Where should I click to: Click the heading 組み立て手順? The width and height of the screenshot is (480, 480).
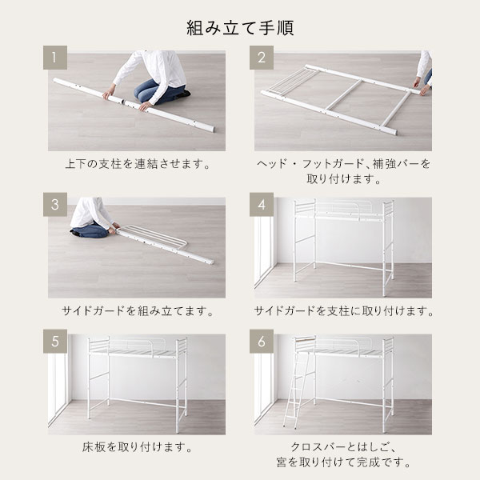240,28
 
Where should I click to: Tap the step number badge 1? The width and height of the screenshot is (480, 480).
55,58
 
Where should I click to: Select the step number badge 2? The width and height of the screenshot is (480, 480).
262,58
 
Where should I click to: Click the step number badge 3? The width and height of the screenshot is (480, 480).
55,205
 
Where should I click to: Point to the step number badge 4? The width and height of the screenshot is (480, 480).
262,205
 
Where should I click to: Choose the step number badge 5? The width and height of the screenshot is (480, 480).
55,342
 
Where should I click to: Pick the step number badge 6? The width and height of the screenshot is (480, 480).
262,342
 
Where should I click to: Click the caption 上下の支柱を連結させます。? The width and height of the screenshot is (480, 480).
138,164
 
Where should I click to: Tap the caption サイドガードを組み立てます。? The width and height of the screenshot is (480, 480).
138,311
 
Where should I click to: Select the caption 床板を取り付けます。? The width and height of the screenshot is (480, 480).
138,447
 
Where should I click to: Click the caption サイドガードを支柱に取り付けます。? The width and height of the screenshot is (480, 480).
343,311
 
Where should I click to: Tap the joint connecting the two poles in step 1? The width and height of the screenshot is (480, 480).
124,102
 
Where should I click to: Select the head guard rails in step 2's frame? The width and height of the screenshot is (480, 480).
288,80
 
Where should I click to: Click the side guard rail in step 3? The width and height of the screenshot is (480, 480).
153,234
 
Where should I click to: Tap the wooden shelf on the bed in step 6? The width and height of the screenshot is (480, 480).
305,339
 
